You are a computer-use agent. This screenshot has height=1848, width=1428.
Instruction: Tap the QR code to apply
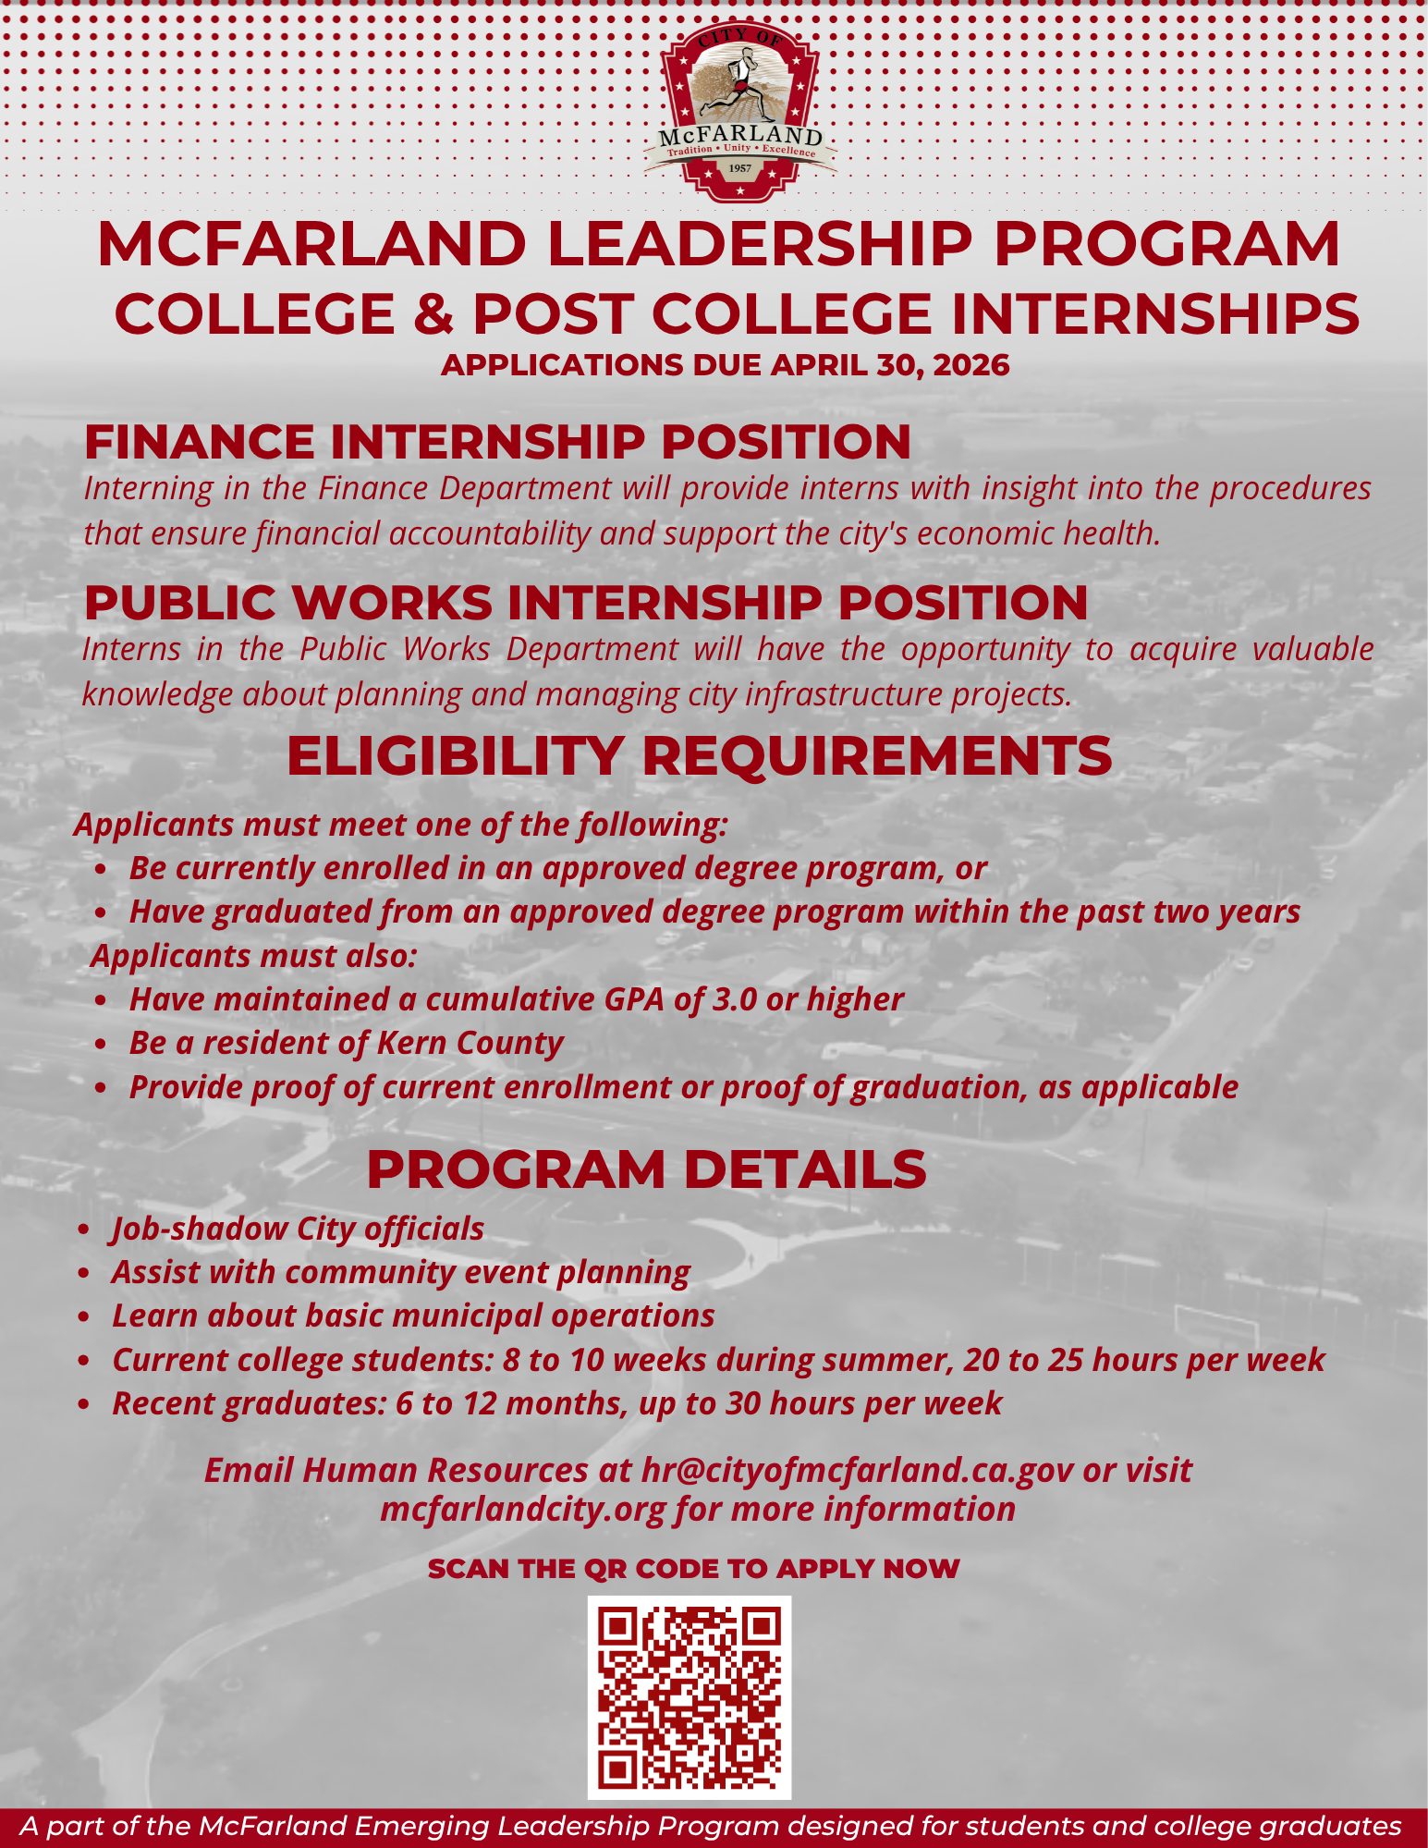[x=690, y=1696]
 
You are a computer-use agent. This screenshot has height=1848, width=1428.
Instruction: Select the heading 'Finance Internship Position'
[x=497, y=441]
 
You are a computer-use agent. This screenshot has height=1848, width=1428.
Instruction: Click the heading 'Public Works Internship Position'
[x=585, y=602]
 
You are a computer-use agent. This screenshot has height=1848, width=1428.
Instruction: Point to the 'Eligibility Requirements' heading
[x=699, y=755]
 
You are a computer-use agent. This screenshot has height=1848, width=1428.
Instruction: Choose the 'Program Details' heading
[x=646, y=1169]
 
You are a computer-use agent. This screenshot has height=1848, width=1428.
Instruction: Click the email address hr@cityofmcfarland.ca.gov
[x=857, y=1470]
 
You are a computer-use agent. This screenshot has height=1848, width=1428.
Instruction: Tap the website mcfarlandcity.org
[x=522, y=1509]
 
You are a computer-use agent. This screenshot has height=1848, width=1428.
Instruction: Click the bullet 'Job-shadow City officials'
[x=298, y=1229]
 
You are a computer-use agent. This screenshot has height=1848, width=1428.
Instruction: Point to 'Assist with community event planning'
[x=400, y=1272]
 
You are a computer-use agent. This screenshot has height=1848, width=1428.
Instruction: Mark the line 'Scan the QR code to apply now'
[x=693, y=1569]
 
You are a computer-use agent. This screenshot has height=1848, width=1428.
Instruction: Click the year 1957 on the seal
[x=740, y=168]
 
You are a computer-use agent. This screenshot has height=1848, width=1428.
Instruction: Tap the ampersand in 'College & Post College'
[x=433, y=313]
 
